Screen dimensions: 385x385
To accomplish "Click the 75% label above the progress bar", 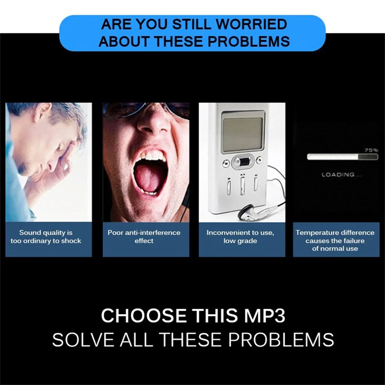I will coord(371,150).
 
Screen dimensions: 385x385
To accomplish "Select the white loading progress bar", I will coord(342,157).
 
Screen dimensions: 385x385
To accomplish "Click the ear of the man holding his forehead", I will coord(41,113).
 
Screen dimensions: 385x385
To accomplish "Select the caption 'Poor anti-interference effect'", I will coord(144,236).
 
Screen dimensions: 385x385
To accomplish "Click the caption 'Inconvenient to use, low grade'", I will coord(240,236).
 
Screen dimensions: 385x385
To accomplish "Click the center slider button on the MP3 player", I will coord(242,162).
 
